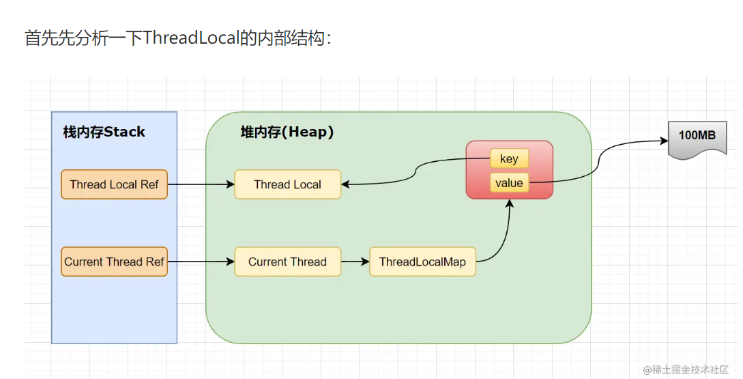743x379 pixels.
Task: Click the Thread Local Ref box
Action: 114,184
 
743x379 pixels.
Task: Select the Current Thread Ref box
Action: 114,262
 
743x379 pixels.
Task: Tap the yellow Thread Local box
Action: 287,184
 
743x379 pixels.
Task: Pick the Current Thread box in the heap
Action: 287,262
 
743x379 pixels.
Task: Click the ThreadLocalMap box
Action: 422,262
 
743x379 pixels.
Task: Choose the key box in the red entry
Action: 509,159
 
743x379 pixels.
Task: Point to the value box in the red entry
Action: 509,183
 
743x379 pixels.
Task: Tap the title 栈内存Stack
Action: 104,132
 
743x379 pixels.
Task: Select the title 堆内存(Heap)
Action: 287,132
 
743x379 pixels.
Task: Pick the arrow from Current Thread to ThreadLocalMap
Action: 355,262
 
